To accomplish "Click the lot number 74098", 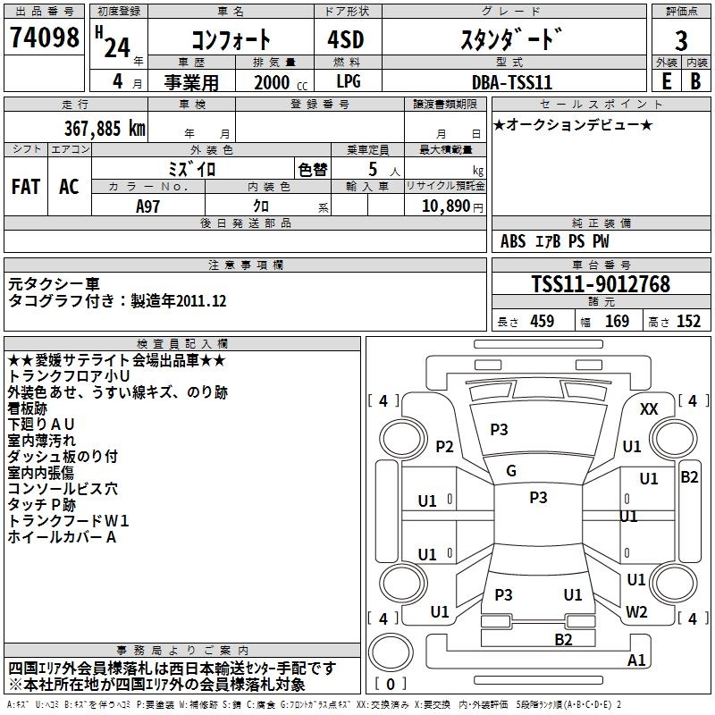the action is (x=44, y=37).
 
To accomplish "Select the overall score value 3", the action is (x=681, y=40).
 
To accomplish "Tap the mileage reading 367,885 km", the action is (x=105, y=129).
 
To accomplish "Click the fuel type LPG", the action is (x=349, y=81).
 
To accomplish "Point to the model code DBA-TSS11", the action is (x=512, y=82).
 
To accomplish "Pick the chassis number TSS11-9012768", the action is (x=601, y=284).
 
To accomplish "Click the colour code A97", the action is (x=147, y=206).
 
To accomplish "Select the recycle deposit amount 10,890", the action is (x=446, y=206).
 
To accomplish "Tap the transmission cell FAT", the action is (x=26, y=187).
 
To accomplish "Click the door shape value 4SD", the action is (x=346, y=39).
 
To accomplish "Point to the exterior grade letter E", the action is (x=666, y=81).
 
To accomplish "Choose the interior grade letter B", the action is (x=695, y=81).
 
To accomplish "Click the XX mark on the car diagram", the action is (x=649, y=409).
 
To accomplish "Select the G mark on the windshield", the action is (x=511, y=471).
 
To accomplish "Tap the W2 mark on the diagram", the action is (x=636, y=611).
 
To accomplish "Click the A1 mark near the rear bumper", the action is (x=636, y=660).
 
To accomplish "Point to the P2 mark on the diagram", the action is (x=444, y=446).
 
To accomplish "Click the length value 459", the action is (x=543, y=321).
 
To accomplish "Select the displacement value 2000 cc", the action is (x=281, y=82).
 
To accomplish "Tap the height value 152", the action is (x=688, y=321).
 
